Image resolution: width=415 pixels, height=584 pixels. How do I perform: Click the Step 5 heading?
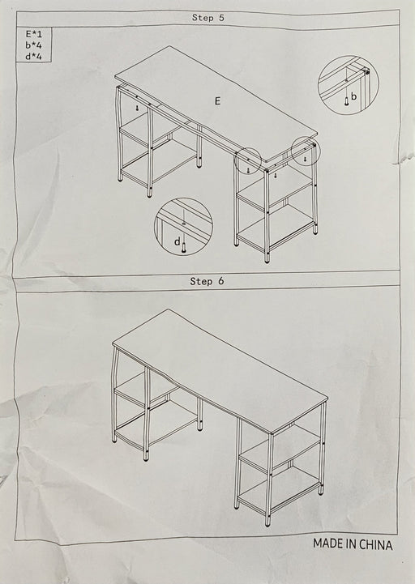[208, 18]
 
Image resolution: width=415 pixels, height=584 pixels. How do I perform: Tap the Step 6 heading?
[207, 281]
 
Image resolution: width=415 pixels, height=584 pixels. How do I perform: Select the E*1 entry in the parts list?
[33, 34]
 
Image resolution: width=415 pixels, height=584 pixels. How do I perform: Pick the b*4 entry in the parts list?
[33, 45]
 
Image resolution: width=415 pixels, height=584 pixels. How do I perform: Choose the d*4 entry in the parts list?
[33, 57]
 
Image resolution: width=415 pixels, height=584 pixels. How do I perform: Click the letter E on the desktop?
[217, 100]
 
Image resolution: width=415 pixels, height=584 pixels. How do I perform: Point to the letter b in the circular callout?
[353, 96]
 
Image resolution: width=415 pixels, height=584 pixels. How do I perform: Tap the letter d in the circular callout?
[178, 241]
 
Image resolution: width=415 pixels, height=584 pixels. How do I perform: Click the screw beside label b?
[347, 100]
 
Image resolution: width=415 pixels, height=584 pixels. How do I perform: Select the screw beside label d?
[183, 247]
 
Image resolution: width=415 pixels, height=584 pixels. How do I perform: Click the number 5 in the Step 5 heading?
[221, 18]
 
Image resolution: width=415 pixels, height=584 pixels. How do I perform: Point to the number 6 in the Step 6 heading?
[221, 281]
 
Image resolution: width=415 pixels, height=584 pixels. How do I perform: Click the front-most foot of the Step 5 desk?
[267, 259]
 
